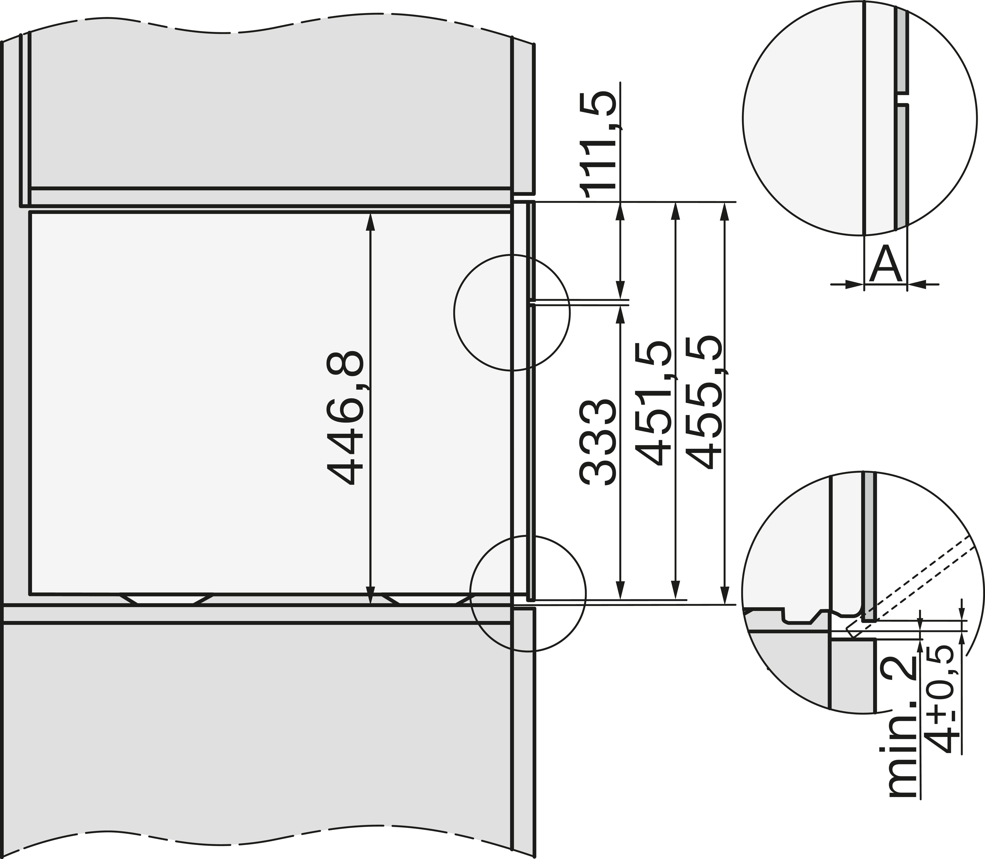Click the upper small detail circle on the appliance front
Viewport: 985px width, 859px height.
(512, 313)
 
